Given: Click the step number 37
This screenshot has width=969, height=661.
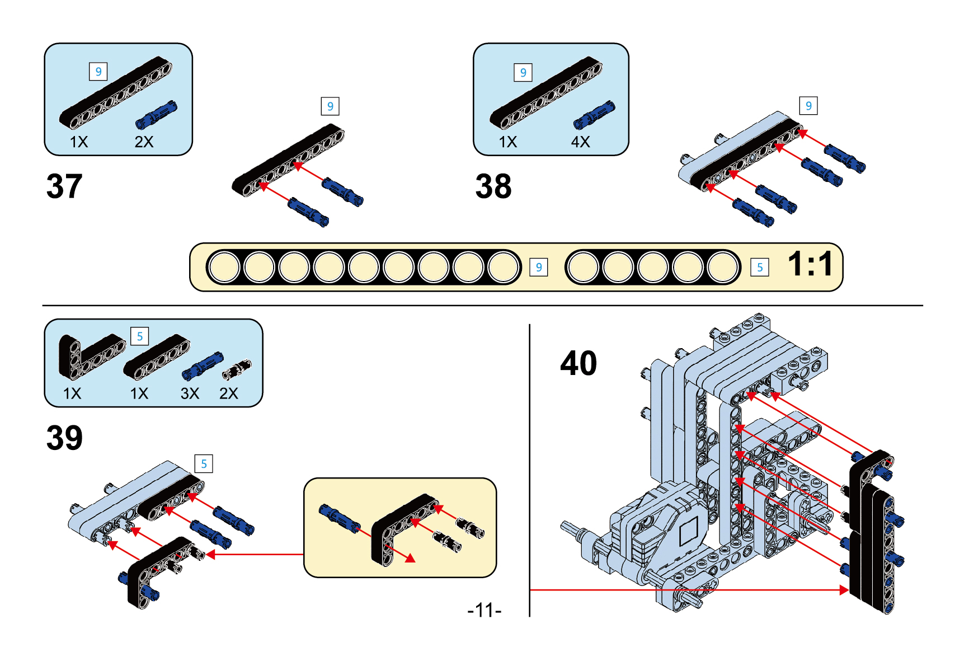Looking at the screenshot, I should tap(64, 186).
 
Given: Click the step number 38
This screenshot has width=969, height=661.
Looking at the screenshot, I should tap(493, 186).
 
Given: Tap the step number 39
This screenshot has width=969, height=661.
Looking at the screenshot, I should tap(64, 438).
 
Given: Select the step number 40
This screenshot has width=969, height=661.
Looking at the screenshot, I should tap(578, 363).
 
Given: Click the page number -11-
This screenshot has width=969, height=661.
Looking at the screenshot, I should tap(484, 610).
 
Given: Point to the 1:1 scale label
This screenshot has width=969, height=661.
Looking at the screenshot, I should tap(810, 264).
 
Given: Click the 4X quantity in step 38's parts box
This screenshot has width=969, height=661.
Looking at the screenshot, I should tap(580, 142).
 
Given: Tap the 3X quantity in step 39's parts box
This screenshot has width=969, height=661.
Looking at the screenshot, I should tap(190, 393).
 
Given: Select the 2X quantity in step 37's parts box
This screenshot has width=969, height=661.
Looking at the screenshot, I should tap(144, 142).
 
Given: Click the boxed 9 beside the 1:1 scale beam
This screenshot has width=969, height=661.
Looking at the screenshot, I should tap(538, 268).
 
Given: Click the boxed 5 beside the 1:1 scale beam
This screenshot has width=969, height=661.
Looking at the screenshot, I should tap(759, 268).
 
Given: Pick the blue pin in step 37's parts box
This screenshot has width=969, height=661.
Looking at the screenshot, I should tap(156, 115).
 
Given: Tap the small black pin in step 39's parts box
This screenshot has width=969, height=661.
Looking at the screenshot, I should tap(237, 369).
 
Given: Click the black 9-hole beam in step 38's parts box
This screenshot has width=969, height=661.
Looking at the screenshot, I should tap(545, 92).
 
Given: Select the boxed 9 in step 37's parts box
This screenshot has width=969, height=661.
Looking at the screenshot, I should tap(98, 72).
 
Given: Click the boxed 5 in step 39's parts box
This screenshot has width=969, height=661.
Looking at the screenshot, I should tap(139, 336).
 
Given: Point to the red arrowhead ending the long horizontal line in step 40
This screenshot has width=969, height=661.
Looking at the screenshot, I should tap(844, 590).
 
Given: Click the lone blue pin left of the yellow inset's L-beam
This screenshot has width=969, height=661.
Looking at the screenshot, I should tap(339, 518).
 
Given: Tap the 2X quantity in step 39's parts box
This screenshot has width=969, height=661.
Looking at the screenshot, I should tap(228, 393).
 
